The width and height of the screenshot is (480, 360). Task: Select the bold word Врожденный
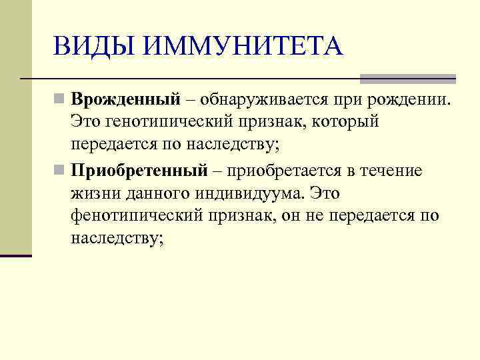(126, 100)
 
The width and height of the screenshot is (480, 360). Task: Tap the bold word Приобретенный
(140, 171)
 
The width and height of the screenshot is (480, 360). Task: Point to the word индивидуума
(266, 193)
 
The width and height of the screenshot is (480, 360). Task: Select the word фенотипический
(140, 216)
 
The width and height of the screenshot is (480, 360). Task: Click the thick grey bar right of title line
(407, 79)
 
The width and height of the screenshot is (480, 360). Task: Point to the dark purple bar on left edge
(16, 255)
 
